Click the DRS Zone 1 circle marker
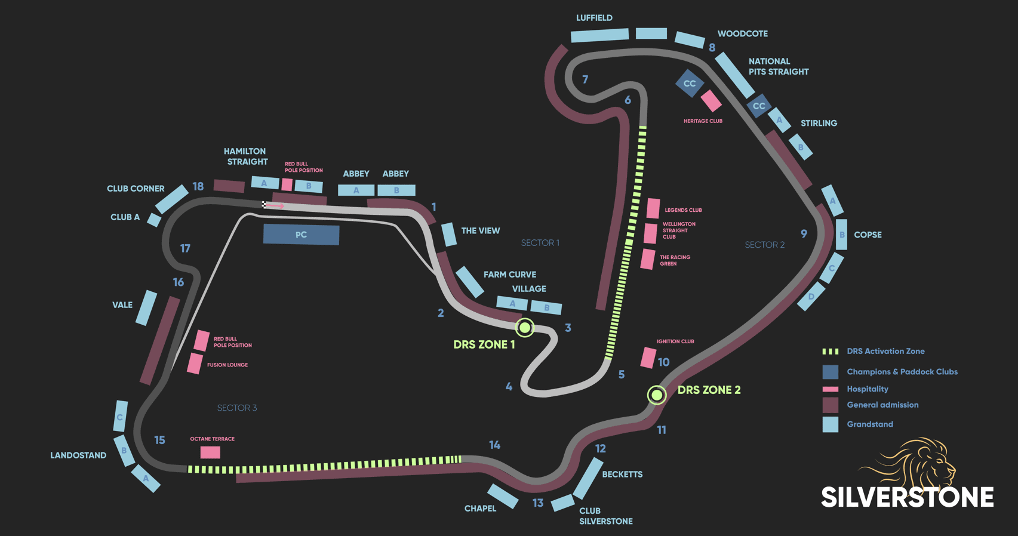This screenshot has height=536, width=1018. [524, 327]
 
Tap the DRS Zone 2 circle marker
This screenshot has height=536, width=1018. [656, 395]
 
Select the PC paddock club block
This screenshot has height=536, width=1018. [301, 235]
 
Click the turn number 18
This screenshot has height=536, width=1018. [198, 186]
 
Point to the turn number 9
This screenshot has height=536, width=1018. [804, 234]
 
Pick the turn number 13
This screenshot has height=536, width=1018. [538, 503]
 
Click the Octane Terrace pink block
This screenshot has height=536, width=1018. [210, 452]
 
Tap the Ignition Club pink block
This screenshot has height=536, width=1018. [648, 358]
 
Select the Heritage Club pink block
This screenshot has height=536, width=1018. [711, 101]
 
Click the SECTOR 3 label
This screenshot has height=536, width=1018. [237, 408]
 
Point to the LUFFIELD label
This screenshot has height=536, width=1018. [594, 18]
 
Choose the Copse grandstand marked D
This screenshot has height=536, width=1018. [811, 297]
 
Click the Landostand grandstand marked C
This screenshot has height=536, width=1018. [121, 416]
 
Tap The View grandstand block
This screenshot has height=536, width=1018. [448, 234]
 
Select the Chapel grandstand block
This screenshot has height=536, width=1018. [502, 496]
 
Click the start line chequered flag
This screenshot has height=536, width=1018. [264, 205]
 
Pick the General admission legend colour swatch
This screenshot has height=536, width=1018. [830, 405]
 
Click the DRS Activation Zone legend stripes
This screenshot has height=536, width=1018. [830, 352]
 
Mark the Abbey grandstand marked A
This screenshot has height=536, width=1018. [356, 190]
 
